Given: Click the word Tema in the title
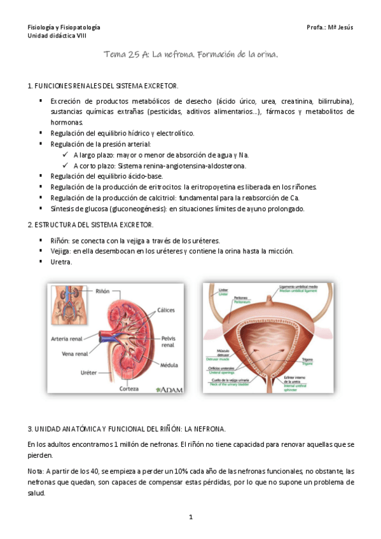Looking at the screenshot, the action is [x=115, y=56].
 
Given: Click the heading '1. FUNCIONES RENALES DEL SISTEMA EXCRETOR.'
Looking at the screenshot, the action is [x=103, y=86].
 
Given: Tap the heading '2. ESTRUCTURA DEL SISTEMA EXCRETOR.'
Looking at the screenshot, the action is [x=90, y=225].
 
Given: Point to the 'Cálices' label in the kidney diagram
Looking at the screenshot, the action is [x=167, y=310].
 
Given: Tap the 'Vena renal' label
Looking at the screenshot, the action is [x=73, y=353].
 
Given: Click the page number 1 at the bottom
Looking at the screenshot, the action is [x=190, y=518].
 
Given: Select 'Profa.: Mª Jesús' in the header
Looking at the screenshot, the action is [x=329, y=27].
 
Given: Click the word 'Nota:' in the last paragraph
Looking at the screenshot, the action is [x=37, y=471].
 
